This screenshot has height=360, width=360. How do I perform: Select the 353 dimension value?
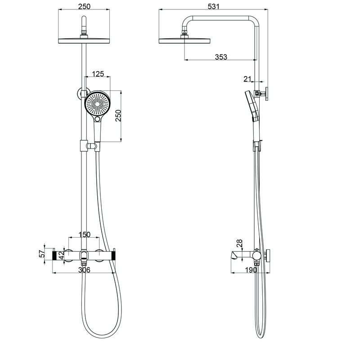(x=220, y=57)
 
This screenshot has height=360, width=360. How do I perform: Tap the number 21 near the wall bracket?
(x=247, y=79)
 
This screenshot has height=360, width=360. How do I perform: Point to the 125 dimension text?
(x=99, y=73)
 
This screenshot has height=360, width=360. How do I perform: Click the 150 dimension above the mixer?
(x=85, y=234)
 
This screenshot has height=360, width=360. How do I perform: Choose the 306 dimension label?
(x=85, y=270)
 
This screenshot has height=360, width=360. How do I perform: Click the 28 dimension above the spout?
(x=239, y=243)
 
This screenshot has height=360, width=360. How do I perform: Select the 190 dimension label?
(x=251, y=270)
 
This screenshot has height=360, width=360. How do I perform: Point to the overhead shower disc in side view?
(x=184, y=40)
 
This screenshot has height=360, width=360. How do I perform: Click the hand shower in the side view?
(x=252, y=108)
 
